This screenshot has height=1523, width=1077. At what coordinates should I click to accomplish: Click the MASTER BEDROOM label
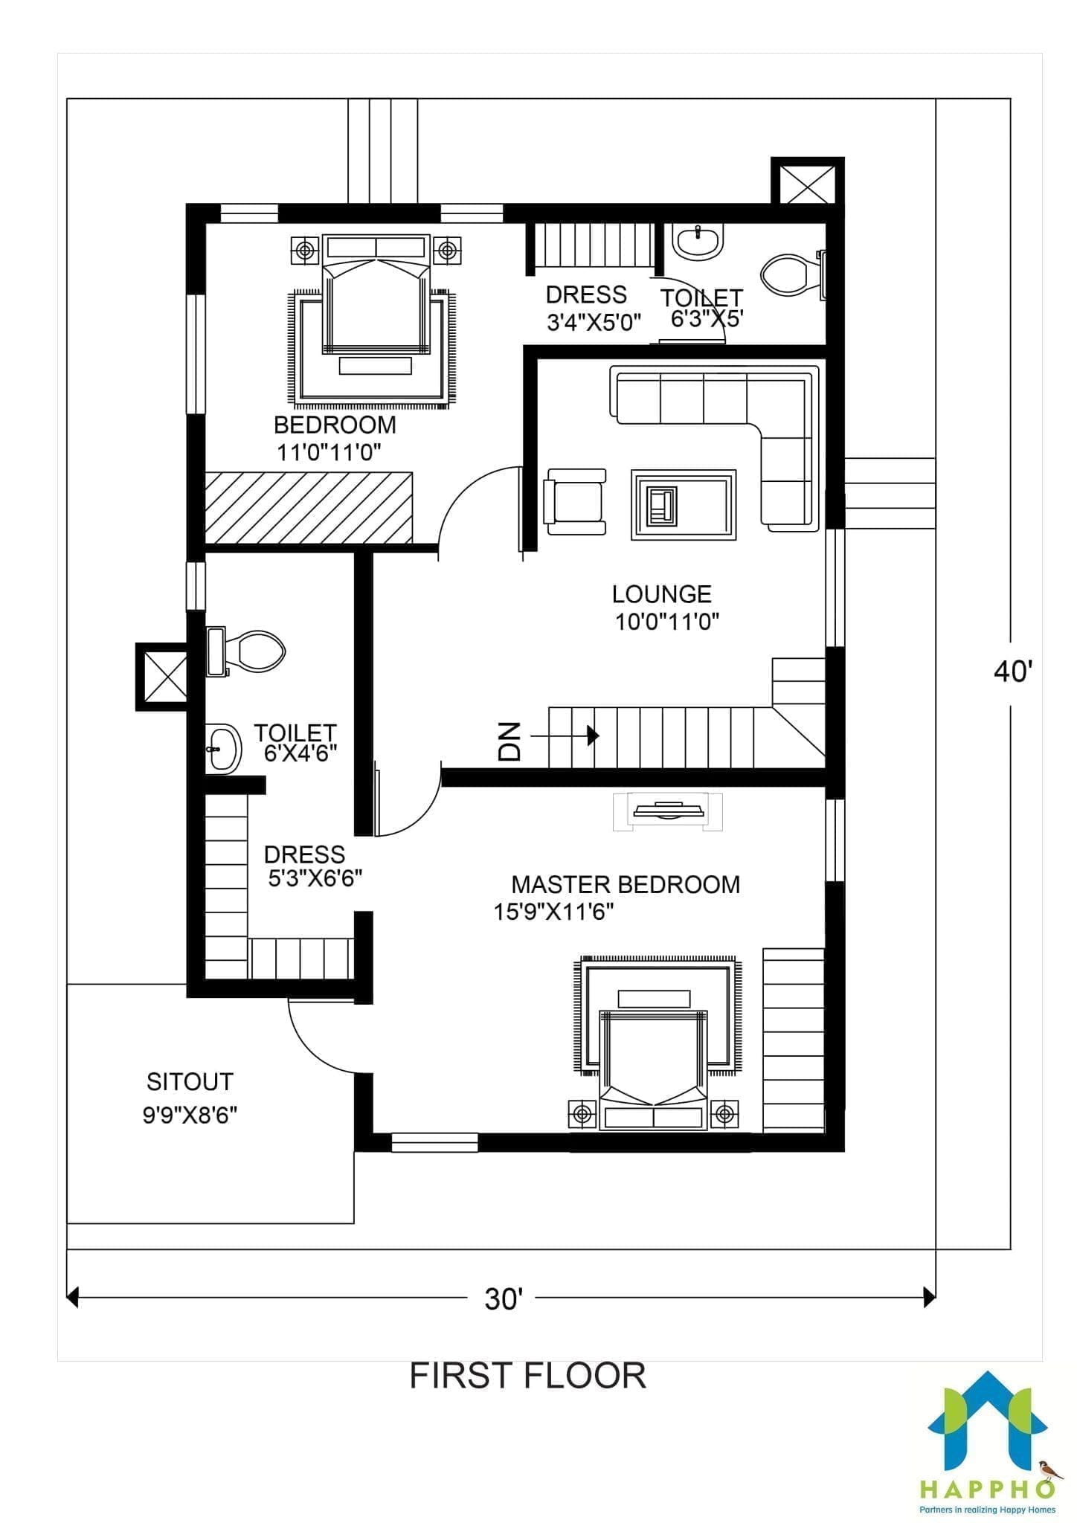pyautogui.click(x=626, y=884)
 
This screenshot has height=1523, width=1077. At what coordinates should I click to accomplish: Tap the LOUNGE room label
pyautogui.click(x=661, y=593)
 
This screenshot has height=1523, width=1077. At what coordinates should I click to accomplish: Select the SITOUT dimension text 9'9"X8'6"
pyautogui.click(x=190, y=1115)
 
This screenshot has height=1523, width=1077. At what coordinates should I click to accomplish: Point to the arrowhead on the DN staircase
pyautogui.click(x=593, y=735)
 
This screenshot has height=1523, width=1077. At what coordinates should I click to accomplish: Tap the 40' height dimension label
pyautogui.click(x=1012, y=672)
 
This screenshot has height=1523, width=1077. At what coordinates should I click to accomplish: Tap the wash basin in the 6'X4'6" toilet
pyautogui.click(x=223, y=748)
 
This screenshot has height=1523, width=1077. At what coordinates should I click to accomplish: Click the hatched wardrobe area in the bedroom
pyautogui.click(x=308, y=507)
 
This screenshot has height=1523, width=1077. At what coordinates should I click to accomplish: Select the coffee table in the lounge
pyautogui.click(x=683, y=504)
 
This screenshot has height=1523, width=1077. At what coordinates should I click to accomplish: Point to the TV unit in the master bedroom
pyautogui.click(x=667, y=811)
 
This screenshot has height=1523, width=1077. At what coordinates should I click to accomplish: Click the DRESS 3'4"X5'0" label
pyautogui.click(x=593, y=308)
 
